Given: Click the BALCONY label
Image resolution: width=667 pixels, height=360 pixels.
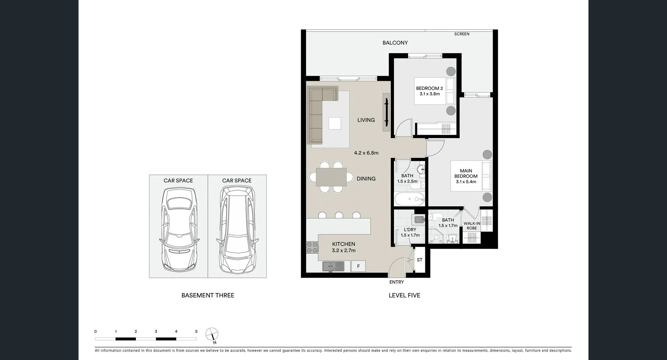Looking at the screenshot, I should pyautogui.click(x=395, y=43).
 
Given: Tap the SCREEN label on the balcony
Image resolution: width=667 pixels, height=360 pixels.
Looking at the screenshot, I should pyautogui.click(x=462, y=34).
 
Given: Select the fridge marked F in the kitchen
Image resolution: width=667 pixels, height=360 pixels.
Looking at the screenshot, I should pyautogui.click(x=358, y=266).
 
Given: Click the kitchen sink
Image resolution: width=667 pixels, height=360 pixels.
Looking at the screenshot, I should pyautogui.click(x=333, y=266).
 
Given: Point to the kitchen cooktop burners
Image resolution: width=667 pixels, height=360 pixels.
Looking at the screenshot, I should pyautogui.click(x=312, y=247).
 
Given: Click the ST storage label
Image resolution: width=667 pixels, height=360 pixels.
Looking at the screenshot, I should pyautogui.click(x=420, y=260).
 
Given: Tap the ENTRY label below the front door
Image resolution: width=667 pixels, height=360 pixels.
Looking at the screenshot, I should pyautogui.click(x=396, y=282).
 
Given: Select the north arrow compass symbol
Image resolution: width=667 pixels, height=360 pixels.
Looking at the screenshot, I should pyautogui.click(x=212, y=334).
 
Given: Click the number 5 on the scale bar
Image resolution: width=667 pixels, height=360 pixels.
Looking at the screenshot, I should pyautogui.click(x=196, y=332).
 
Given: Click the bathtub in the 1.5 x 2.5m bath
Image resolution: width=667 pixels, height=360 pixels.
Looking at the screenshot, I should pyautogui.click(x=409, y=199).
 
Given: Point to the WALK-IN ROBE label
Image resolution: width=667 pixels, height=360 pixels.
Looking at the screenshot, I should pyautogui.click(x=472, y=226).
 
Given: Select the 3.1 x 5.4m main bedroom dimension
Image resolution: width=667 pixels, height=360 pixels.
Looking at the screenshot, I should pyautogui.click(x=466, y=182).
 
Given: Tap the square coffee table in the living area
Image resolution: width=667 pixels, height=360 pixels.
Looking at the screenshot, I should pyautogui.click(x=335, y=123).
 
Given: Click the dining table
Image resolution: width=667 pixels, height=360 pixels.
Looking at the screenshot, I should pyautogui.click(x=331, y=177).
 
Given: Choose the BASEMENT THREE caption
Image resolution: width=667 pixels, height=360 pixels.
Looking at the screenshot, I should pyautogui.click(x=208, y=295).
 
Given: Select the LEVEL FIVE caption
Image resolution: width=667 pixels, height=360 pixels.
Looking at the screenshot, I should pyautogui.click(x=404, y=295).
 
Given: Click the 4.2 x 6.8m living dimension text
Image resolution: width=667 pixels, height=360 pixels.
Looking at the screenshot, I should pyautogui.click(x=366, y=153).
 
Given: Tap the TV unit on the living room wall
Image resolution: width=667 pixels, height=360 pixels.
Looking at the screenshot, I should pyautogui.click(x=386, y=112).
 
